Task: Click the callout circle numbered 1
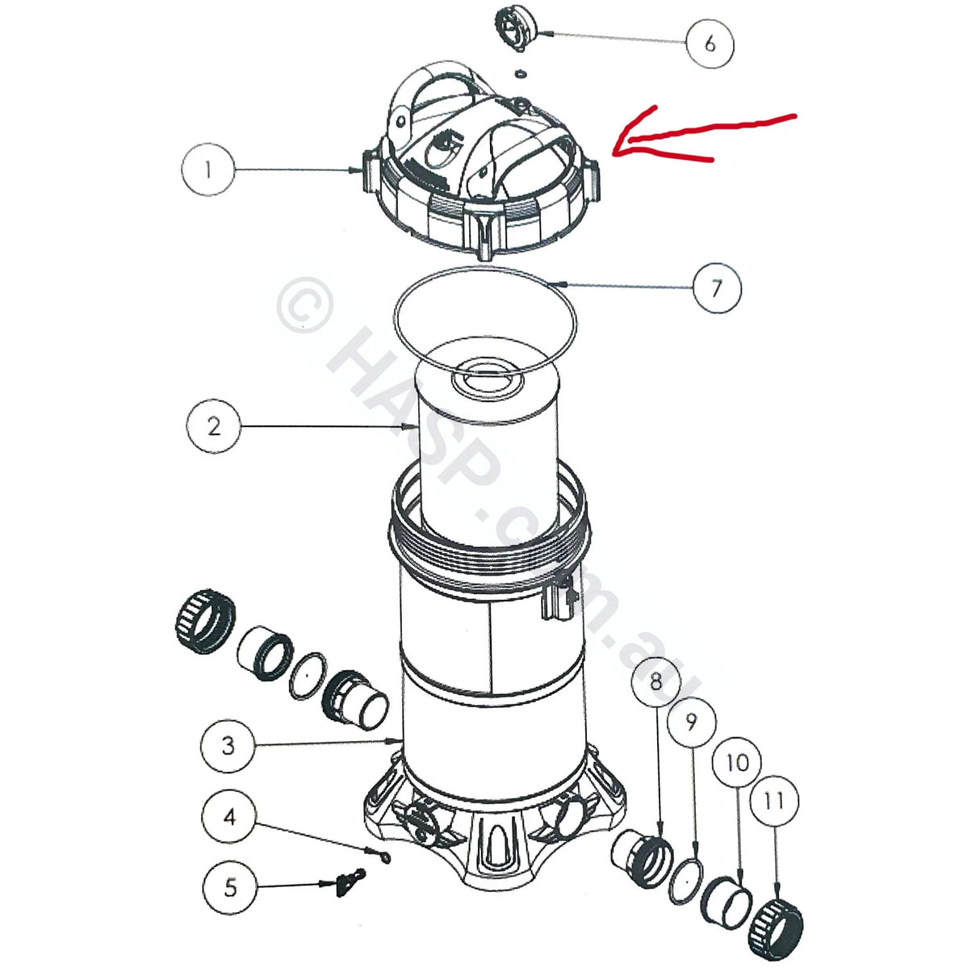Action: (x=208, y=170)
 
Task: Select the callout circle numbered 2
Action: (x=213, y=425)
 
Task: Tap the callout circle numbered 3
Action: (x=228, y=744)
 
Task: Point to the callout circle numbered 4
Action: (x=230, y=817)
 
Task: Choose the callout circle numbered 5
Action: (x=230, y=887)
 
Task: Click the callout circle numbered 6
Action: (x=710, y=42)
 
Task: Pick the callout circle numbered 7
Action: (x=716, y=287)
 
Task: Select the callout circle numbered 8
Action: (x=656, y=682)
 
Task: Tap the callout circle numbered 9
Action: (x=691, y=721)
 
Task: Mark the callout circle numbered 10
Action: (x=737, y=761)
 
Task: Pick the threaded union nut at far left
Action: (x=205, y=621)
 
